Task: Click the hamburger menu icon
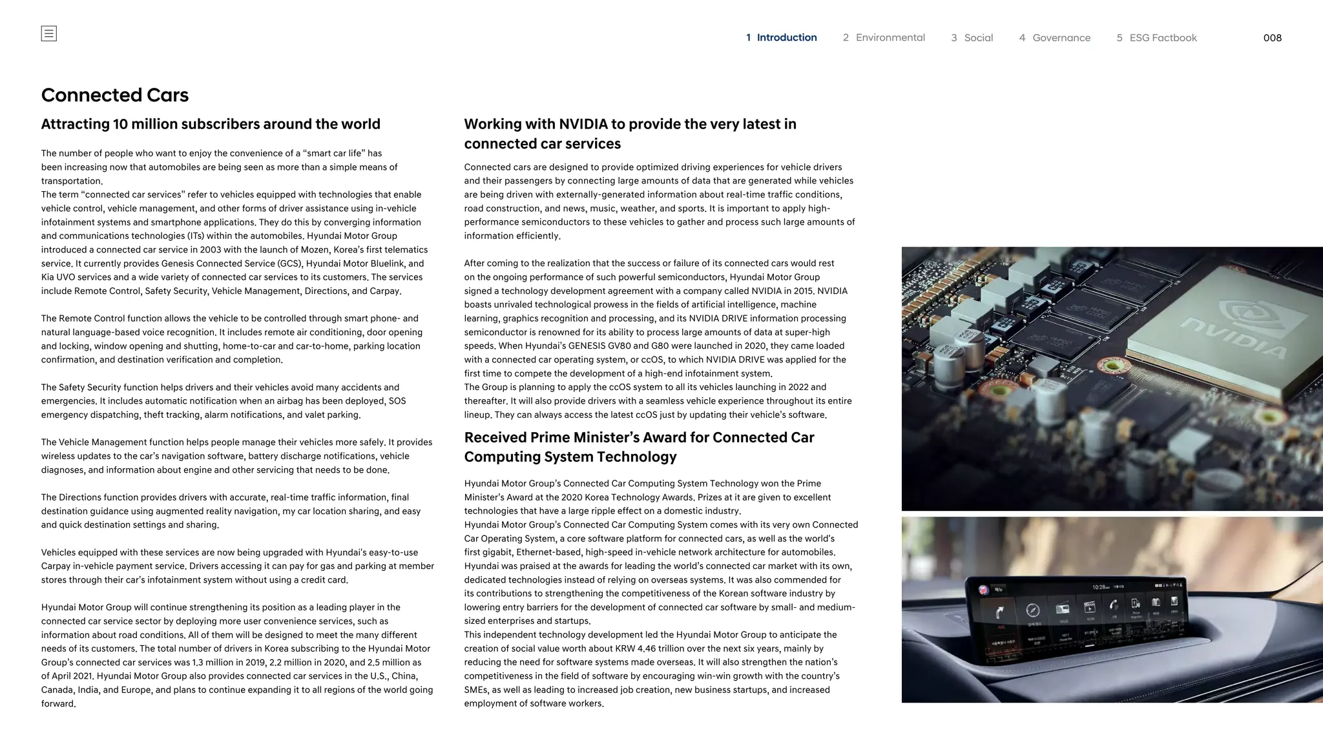(48, 34)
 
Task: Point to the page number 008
(1272, 37)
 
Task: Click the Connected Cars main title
(115, 95)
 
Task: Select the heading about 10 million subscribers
(211, 124)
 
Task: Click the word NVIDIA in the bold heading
(587, 124)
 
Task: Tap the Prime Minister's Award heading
(639, 447)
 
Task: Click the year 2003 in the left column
(211, 249)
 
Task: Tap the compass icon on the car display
(1032, 610)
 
